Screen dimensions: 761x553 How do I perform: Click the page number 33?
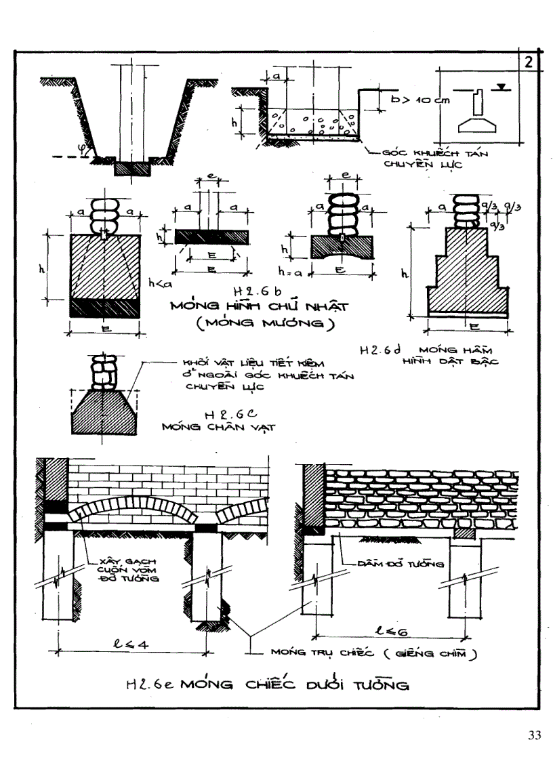click(x=534, y=736)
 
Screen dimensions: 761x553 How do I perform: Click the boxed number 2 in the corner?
click(x=529, y=62)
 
